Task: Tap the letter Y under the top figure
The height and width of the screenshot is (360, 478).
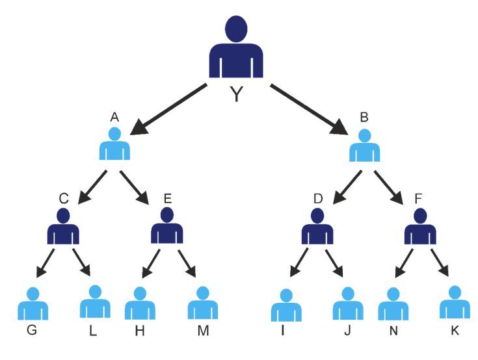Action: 237,95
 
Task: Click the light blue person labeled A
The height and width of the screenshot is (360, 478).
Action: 114,145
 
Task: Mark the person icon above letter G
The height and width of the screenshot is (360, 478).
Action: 33,303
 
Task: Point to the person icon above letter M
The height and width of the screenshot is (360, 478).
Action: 202,303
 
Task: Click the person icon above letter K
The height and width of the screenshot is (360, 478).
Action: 455,303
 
